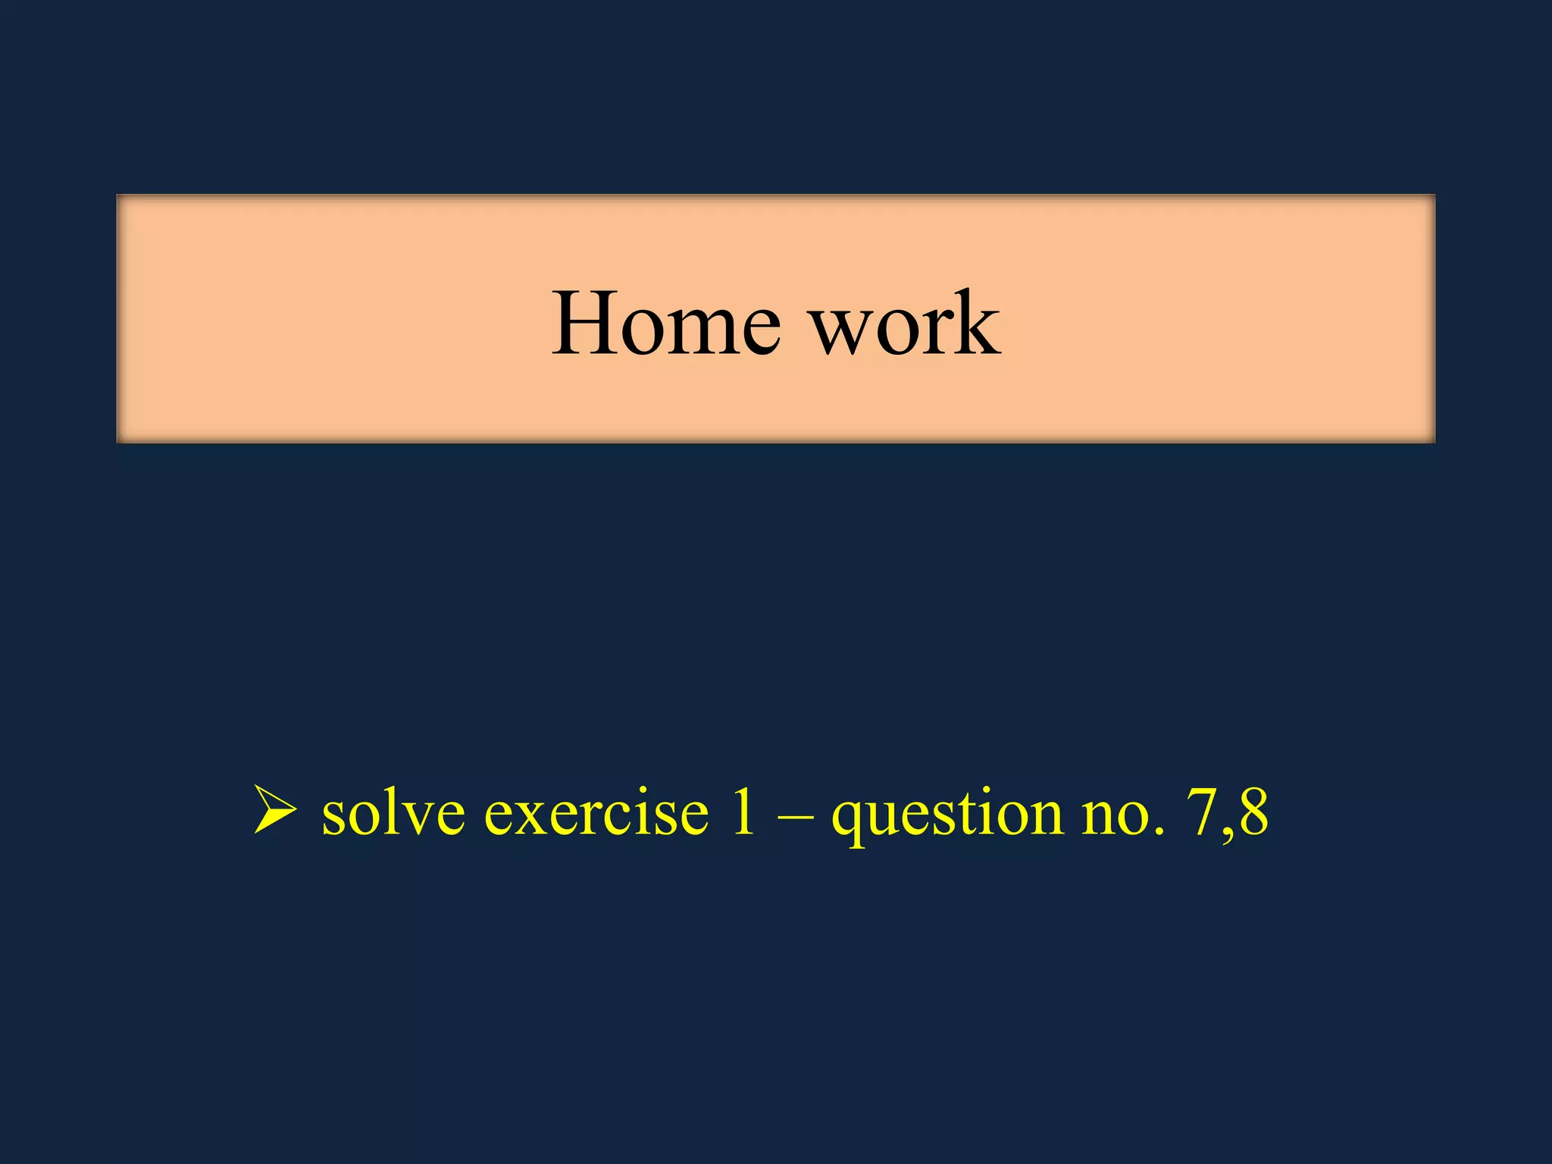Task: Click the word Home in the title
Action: click(x=665, y=324)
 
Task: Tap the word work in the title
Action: click(x=906, y=324)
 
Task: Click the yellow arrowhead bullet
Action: click(x=274, y=811)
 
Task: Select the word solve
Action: click(x=393, y=812)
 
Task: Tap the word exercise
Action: click(x=596, y=812)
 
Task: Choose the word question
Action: click(x=947, y=815)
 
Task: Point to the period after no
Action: click(x=1157, y=832)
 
